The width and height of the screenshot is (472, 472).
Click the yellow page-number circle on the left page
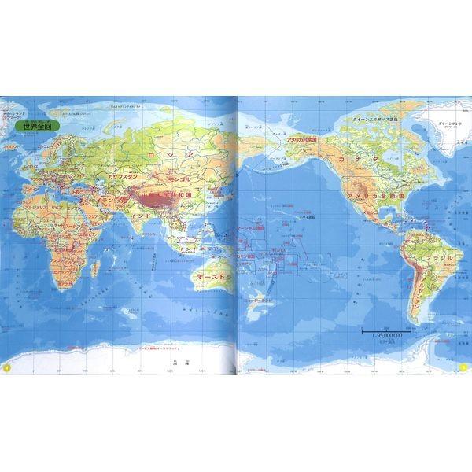6,367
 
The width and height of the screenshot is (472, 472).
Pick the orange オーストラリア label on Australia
208,278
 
